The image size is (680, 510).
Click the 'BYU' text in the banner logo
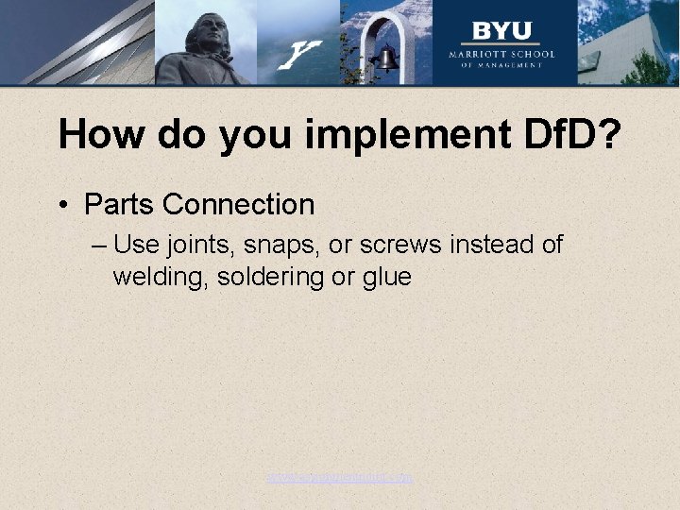(501, 30)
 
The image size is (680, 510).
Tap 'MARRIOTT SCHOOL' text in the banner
(501, 54)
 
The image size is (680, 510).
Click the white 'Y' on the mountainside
(301, 54)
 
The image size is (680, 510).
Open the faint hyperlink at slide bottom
(339, 478)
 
